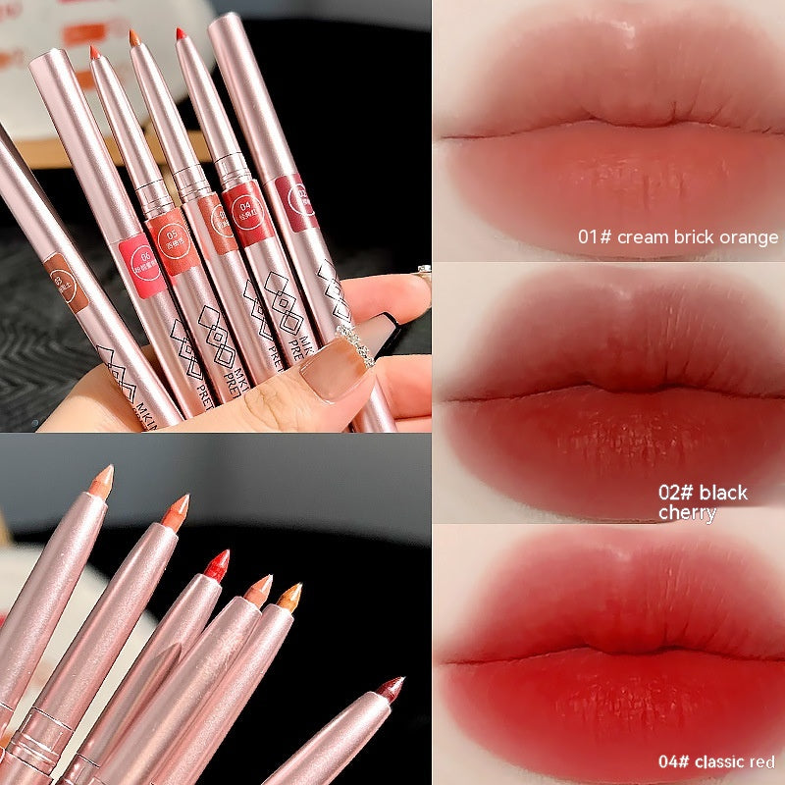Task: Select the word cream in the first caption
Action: [641, 237]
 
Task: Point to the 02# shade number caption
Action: [678, 493]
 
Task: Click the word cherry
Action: [687, 513]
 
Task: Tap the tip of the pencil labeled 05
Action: [133, 38]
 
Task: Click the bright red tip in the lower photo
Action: [217, 562]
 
